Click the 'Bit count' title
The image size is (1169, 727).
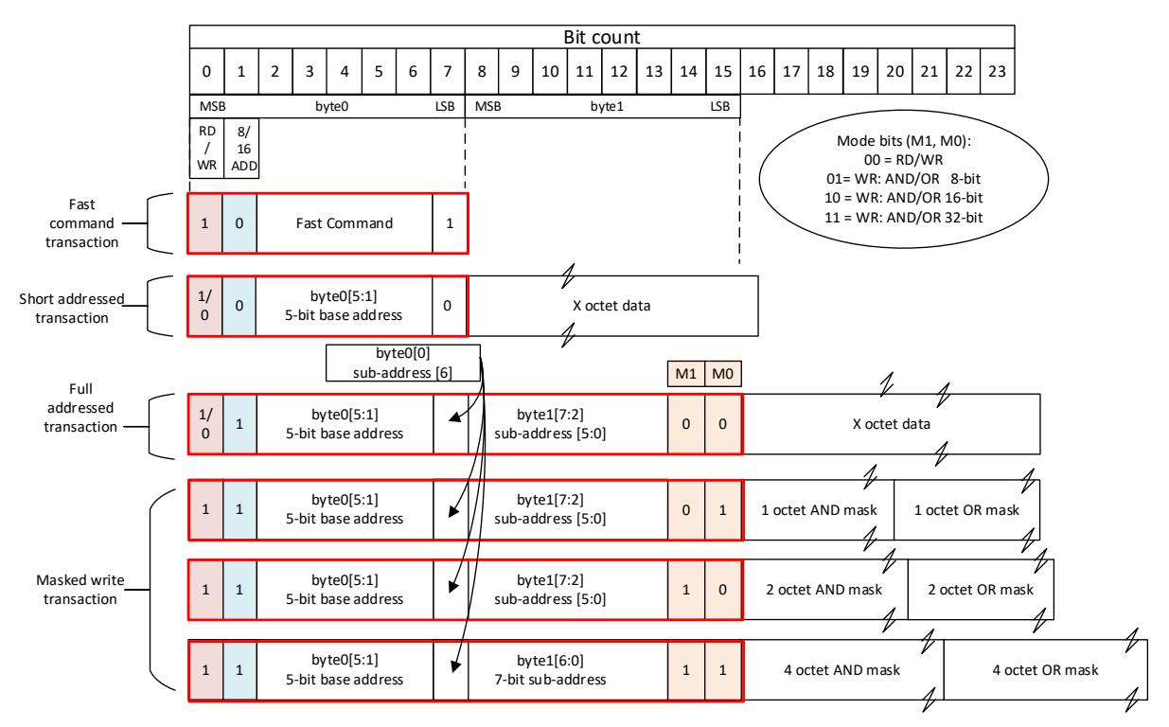coord(601,37)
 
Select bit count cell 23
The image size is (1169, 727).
coord(998,72)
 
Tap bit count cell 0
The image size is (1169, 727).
coord(206,72)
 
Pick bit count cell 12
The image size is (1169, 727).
coord(619,72)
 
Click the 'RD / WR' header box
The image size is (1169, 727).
coord(206,149)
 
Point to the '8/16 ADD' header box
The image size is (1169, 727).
coord(241,149)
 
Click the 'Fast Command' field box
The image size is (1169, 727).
coord(345,223)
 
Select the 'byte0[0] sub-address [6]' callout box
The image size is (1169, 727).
coord(403,363)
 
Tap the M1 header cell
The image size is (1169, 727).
coord(686,374)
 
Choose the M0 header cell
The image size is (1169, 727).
coord(723,374)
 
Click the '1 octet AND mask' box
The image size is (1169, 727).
coord(818,510)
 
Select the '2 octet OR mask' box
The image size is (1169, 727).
coord(982,590)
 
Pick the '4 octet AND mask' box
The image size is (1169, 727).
coord(842,669)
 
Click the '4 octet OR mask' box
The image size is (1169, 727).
coord(1045,669)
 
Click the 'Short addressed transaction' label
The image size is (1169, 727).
coord(72,308)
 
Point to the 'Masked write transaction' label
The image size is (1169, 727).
coord(80,589)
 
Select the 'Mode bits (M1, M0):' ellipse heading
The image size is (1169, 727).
coord(904,141)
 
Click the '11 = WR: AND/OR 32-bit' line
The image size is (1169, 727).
coord(904,217)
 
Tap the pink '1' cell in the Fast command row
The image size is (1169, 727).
coord(205,223)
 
